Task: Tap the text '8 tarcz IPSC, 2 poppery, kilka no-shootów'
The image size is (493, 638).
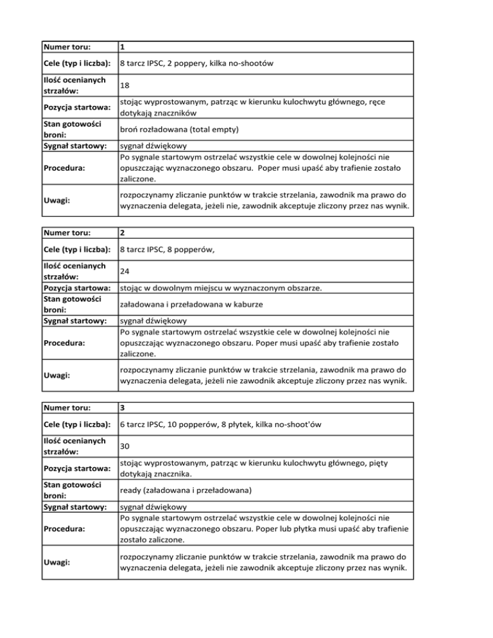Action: [198, 63]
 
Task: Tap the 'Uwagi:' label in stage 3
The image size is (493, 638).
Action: [57, 563]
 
